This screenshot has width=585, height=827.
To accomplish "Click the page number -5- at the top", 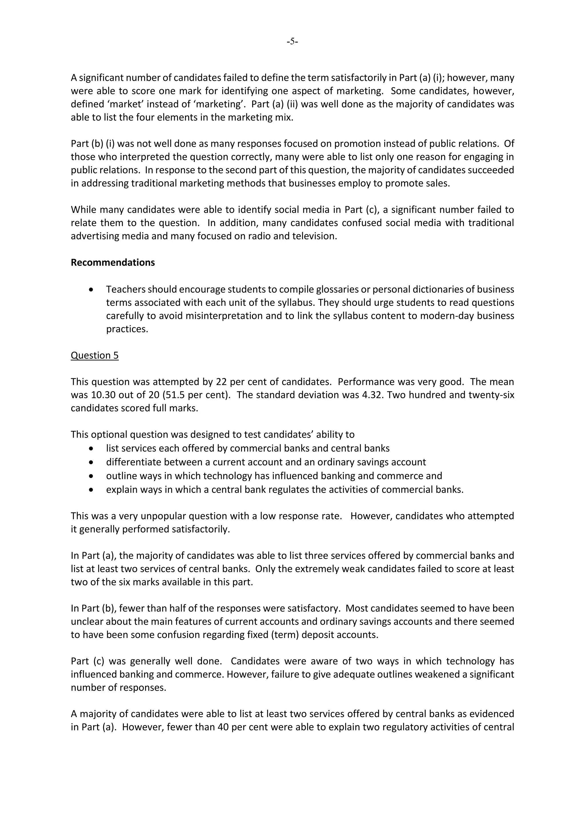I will coord(292,42).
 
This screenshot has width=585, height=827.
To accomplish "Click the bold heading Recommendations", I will coord(113,263).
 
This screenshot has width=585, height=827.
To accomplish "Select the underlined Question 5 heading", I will coord(94,355).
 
